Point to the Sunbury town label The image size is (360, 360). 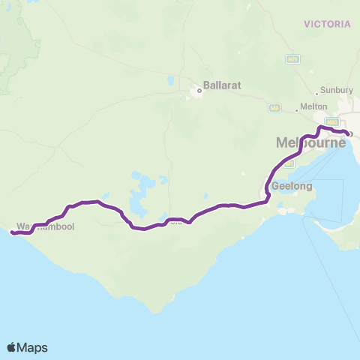[336, 90]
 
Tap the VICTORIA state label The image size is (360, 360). [327, 24]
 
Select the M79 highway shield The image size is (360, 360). [292, 58]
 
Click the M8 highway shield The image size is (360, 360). [274, 108]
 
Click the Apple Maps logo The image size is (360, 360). [27, 347]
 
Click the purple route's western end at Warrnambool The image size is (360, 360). [11, 232]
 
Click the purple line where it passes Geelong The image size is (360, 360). [268, 187]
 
